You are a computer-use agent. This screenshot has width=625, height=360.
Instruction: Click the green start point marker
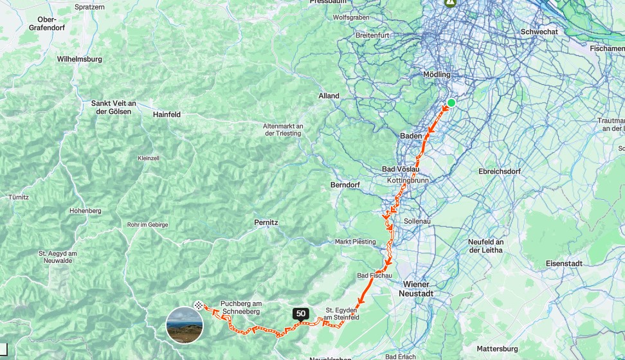coord(451,103)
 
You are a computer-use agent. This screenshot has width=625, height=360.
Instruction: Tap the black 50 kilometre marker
coord(300,314)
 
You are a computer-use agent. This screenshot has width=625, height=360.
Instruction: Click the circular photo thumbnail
coord(185,325)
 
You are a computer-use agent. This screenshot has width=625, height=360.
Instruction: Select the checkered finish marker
coord(199,306)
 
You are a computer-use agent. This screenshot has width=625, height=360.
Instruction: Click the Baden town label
coord(410,136)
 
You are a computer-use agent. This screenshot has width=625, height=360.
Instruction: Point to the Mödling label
coord(437,75)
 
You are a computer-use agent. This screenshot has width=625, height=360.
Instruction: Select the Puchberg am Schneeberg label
coord(240,307)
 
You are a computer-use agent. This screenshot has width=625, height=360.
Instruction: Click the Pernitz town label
coord(266,222)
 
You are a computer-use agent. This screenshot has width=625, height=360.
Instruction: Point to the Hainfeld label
coord(167,114)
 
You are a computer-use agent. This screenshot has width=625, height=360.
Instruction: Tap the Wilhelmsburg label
coord(80,59)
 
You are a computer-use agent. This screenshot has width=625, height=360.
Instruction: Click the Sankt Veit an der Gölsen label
coord(113,107)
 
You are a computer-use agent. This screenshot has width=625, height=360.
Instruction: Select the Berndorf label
coord(345,184)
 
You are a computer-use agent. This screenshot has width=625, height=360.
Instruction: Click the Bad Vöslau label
coord(401,169)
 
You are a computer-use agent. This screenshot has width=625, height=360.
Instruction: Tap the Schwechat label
coord(539,31)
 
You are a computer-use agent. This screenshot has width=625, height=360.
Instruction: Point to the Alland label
coord(329,96)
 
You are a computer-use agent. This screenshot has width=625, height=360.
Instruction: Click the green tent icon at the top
coord(451,3)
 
